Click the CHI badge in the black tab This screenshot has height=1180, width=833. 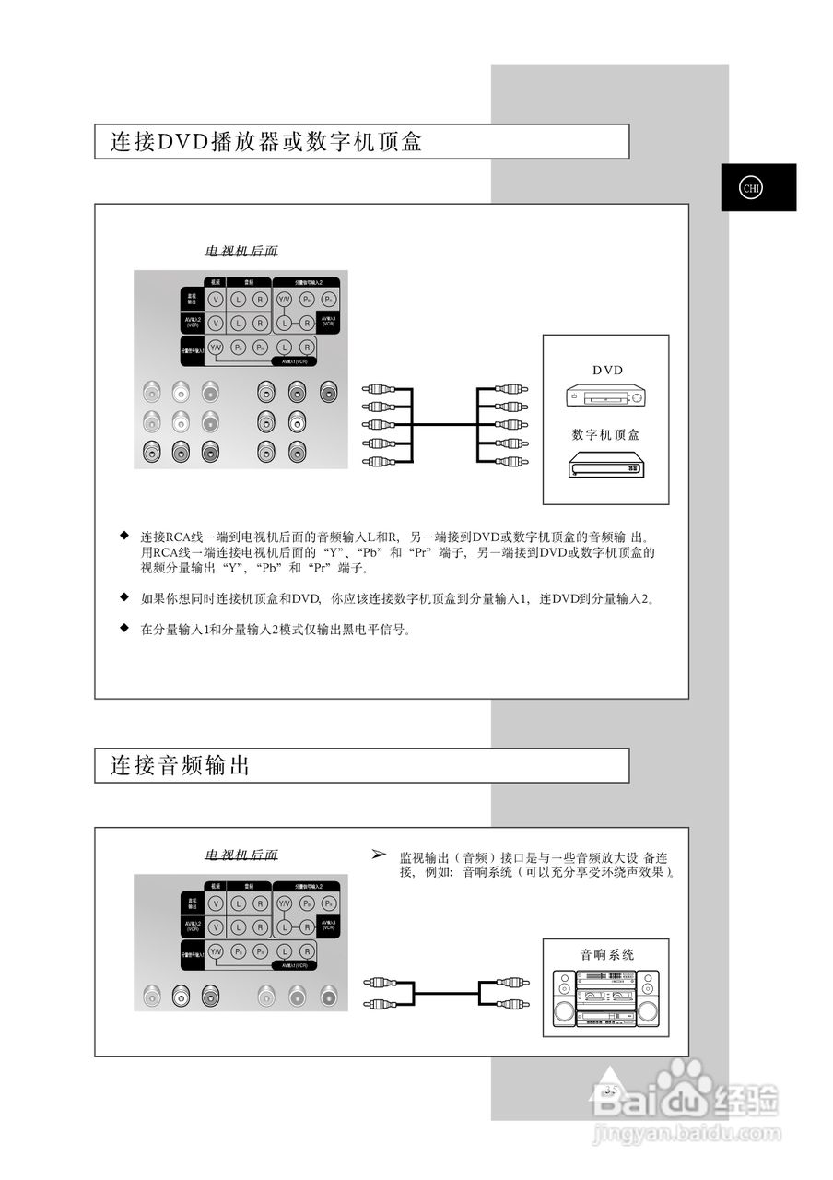click(x=751, y=188)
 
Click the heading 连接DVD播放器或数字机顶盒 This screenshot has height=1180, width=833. click(x=265, y=142)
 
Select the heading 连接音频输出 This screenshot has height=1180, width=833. click(x=181, y=765)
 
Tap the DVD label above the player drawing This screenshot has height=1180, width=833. click(x=607, y=370)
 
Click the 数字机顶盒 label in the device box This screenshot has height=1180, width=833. click(x=605, y=434)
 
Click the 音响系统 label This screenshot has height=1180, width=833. click(x=606, y=954)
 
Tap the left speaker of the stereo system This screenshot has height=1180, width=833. click(x=563, y=999)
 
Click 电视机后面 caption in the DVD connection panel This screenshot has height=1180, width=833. click(x=241, y=251)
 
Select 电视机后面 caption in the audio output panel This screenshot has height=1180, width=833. click(x=241, y=855)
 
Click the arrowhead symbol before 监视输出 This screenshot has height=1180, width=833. click(x=378, y=855)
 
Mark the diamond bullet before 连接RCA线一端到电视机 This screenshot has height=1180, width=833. click(x=123, y=535)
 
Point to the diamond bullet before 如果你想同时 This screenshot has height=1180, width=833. click(x=123, y=597)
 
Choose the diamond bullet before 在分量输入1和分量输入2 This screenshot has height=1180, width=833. click(x=123, y=629)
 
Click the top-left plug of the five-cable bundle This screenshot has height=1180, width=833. click(x=379, y=389)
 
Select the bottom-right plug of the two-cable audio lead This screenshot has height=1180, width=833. click(x=511, y=1004)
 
